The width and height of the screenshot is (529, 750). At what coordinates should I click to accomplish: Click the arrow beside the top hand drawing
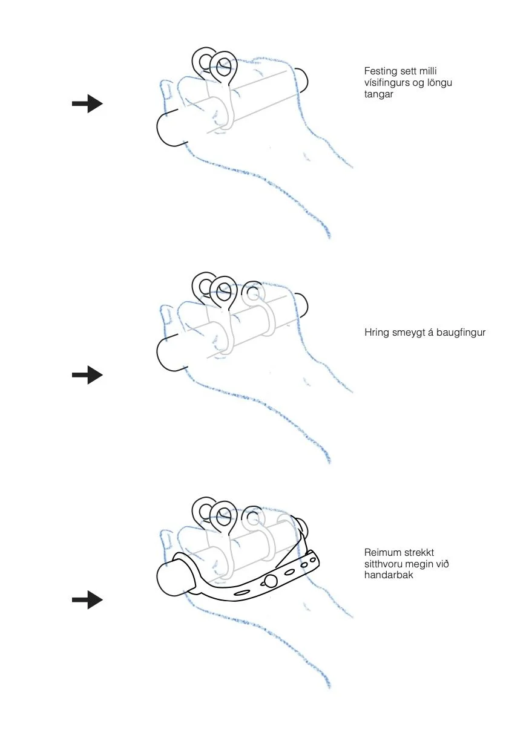click(x=87, y=104)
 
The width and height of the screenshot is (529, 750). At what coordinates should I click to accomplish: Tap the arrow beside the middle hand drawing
click(x=87, y=376)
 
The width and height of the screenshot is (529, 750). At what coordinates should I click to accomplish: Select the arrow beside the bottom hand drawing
click(x=87, y=600)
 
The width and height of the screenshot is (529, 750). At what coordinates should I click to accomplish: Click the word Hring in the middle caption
click(x=376, y=333)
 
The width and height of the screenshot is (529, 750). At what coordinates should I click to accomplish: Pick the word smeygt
click(x=410, y=333)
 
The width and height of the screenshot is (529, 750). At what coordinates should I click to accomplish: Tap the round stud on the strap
click(x=271, y=581)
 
